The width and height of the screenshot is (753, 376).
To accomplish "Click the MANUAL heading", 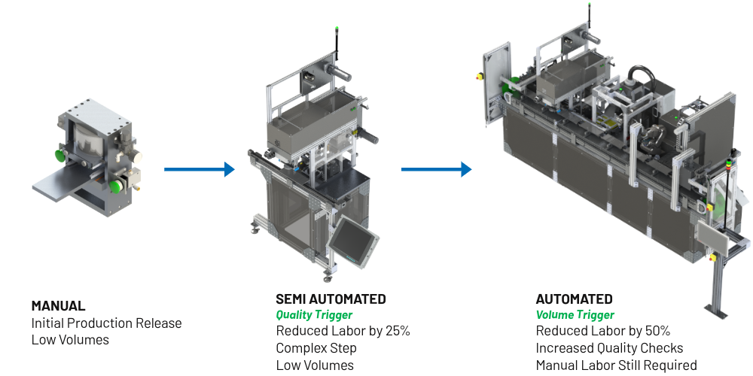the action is [58, 306].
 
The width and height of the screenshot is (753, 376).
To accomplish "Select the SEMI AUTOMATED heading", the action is [331, 299].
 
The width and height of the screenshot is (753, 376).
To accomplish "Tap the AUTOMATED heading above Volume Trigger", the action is [575, 299].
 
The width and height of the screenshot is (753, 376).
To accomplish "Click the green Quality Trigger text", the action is [314, 315].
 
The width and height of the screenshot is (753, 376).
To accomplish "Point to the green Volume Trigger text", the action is [575, 315].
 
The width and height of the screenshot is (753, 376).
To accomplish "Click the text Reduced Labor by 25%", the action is [343, 331].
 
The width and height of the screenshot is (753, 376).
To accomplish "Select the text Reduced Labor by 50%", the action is [603, 331].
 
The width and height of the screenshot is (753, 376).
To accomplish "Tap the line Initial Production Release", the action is [107, 323].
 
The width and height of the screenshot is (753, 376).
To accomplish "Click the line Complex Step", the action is [316, 348].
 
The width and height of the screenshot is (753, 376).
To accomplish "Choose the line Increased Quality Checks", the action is [609, 348].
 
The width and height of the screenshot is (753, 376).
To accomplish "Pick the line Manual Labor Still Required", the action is [616, 365].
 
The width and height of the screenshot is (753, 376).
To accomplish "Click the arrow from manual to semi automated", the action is [200, 169].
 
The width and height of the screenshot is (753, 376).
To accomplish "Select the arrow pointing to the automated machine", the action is [436, 169].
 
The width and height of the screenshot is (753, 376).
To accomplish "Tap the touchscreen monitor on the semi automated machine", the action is [353, 239].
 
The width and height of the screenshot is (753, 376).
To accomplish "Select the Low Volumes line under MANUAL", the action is [70, 340].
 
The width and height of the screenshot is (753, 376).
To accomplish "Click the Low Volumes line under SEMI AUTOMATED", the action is [315, 365].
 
